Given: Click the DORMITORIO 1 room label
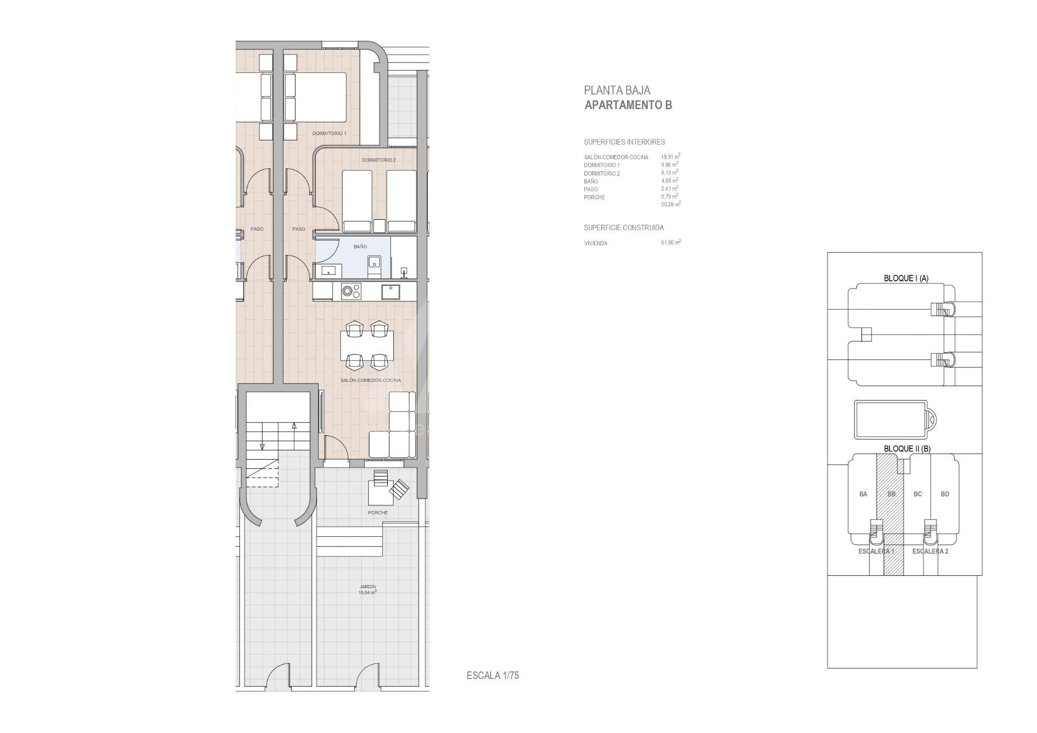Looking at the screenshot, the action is [x=329, y=133].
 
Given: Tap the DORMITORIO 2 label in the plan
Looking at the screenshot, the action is [x=379, y=160].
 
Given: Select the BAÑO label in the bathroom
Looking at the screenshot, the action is [x=360, y=246].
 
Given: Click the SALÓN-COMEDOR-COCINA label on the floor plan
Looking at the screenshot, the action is [x=371, y=380].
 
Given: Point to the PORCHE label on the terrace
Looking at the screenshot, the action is [x=378, y=513].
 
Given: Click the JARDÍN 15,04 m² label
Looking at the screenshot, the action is [x=367, y=589].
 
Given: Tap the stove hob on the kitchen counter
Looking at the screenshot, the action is [x=351, y=292].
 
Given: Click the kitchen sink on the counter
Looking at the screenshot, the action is [x=390, y=292].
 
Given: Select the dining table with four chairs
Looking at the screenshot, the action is [x=367, y=346].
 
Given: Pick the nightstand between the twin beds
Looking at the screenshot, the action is [x=379, y=226].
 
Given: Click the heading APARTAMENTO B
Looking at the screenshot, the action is [x=628, y=105].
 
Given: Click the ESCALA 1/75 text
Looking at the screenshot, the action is [x=493, y=675].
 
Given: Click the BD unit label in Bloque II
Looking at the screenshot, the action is [x=945, y=494].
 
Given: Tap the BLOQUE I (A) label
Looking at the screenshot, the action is [x=906, y=278].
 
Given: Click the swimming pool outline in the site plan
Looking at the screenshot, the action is [x=891, y=419].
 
